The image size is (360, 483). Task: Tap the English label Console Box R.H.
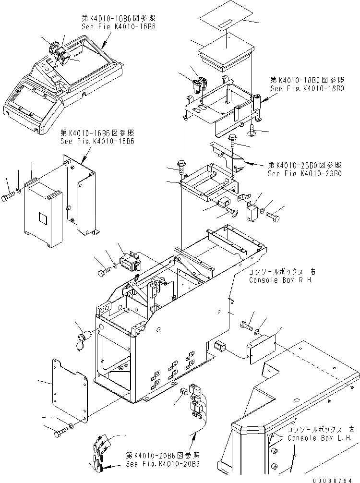tap(280, 280)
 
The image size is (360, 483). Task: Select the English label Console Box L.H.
tap(320, 438)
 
